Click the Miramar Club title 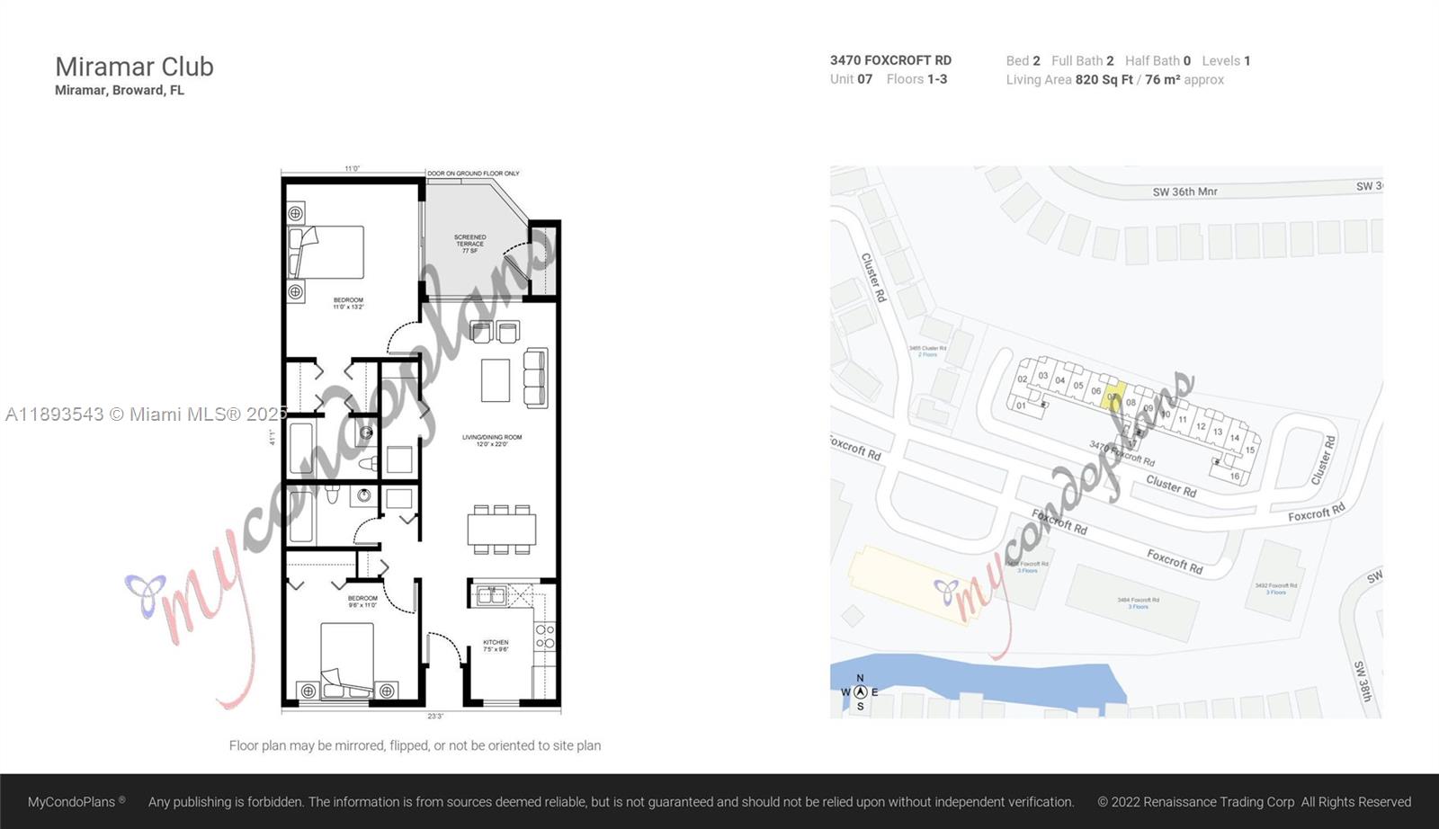pyautogui.click(x=134, y=67)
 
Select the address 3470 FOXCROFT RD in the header pyautogui.click(x=890, y=60)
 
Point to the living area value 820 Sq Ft pyautogui.click(x=1104, y=80)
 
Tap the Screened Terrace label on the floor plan pyautogui.click(x=469, y=244)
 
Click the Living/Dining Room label pyautogui.click(x=492, y=441)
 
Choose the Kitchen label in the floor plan pyautogui.click(x=496, y=646)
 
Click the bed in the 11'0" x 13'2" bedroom pyautogui.click(x=326, y=253)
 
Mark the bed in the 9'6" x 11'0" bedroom pyautogui.click(x=347, y=660)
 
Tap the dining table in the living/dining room pyautogui.click(x=501, y=529)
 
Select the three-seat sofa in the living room pyautogui.click(x=535, y=378)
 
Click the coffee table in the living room pyautogui.click(x=496, y=380)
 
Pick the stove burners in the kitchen pyautogui.click(x=545, y=637)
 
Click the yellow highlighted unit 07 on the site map pyautogui.click(x=1113, y=396)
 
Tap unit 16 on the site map pyautogui.click(x=1235, y=476)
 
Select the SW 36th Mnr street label pyautogui.click(x=1184, y=192)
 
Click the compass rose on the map pyautogui.click(x=860, y=692)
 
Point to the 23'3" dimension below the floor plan pyautogui.click(x=435, y=717)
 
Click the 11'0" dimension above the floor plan pyautogui.click(x=352, y=168)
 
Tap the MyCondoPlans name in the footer pyautogui.click(x=72, y=802)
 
